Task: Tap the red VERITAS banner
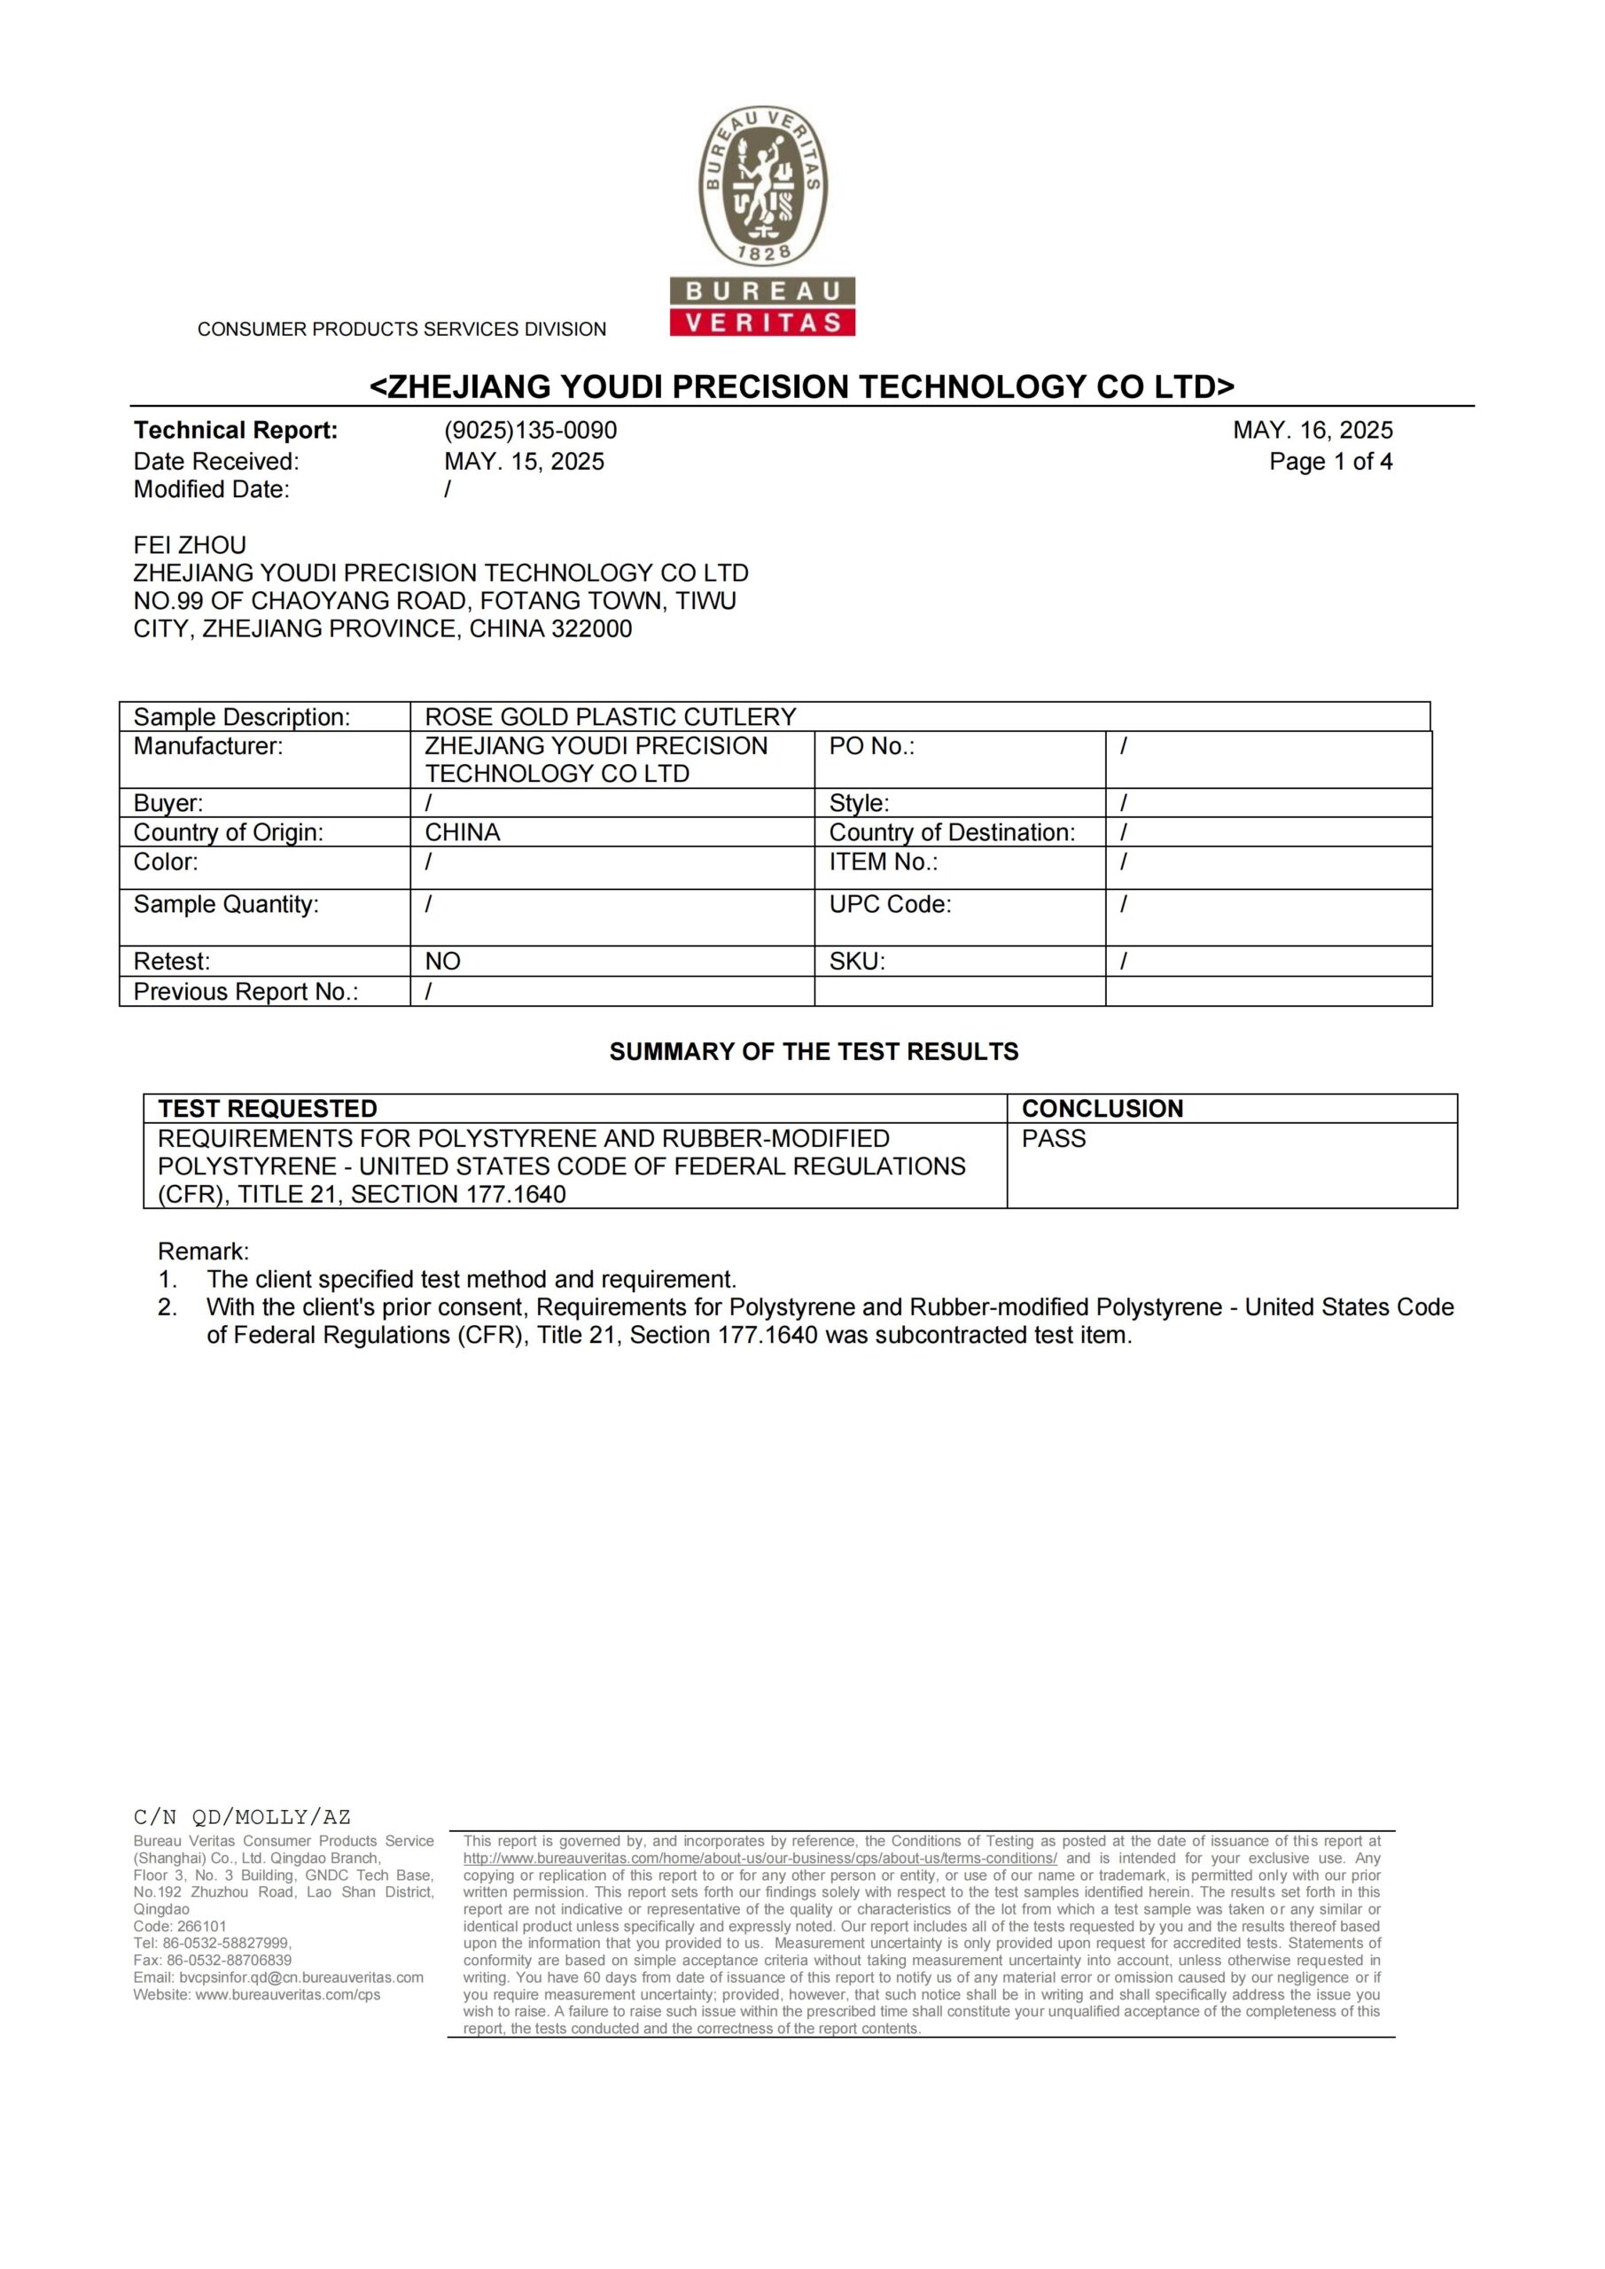[x=762, y=322]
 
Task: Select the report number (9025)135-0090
[x=530, y=430]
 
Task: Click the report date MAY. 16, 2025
[x=1313, y=430]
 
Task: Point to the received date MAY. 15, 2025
[x=524, y=462]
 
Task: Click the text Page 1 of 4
[x=1330, y=462]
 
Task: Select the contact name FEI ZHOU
[x=190, y=544]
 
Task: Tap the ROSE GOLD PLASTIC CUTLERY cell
[x=610, y=716]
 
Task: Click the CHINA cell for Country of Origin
[x=463, y=832]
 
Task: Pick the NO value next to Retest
[x=443, y=962]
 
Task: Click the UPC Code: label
[x=890, y=904]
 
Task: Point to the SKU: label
[x=857, y=962]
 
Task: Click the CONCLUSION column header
[x=1102, y=1109]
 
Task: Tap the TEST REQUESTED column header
[x=268, y=1109]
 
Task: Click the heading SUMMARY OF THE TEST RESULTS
[x=814, y=1051]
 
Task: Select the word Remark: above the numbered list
[x=204, y=1251]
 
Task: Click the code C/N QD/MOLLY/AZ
[x=242, y=1816]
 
